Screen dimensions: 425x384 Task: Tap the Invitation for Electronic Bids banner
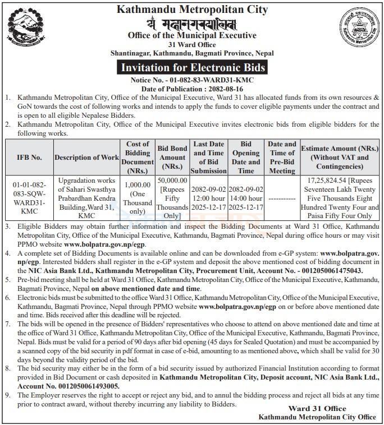pyautogui.click(x=191, y=68)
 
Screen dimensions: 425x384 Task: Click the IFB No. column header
pyautogui.click(x=29, y=158)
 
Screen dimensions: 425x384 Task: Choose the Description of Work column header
pyautogui.click(x=86, y=158)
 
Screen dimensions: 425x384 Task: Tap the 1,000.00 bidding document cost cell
pyautogui.click(x=138, y=196)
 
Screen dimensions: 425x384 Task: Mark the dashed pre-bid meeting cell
pyautogui.click(x=282, y=199)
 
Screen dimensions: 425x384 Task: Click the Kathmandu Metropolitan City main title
pyautogui.click(x=191, y=10)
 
